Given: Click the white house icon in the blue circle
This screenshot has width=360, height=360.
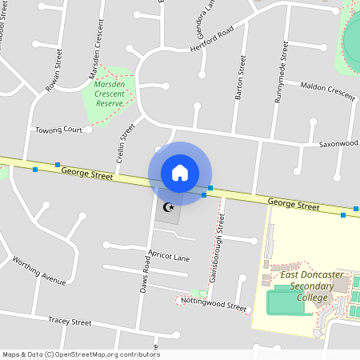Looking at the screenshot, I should click(179, 173).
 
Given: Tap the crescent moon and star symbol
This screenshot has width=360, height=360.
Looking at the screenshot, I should click(168, 207).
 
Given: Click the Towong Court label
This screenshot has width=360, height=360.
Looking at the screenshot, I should click(58, 130).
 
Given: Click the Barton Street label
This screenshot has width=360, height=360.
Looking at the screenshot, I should click(239, 78).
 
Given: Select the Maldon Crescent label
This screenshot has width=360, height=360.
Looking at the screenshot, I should click(327, 90).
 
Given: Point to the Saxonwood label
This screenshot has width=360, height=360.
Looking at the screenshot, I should click(339, 144).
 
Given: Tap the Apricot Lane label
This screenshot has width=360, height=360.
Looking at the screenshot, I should click(169, 257).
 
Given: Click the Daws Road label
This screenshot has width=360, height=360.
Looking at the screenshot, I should click(145, 286).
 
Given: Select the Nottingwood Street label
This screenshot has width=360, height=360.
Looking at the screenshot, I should click(214, 304).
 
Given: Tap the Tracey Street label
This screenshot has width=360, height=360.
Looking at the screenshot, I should click(70, 321).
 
